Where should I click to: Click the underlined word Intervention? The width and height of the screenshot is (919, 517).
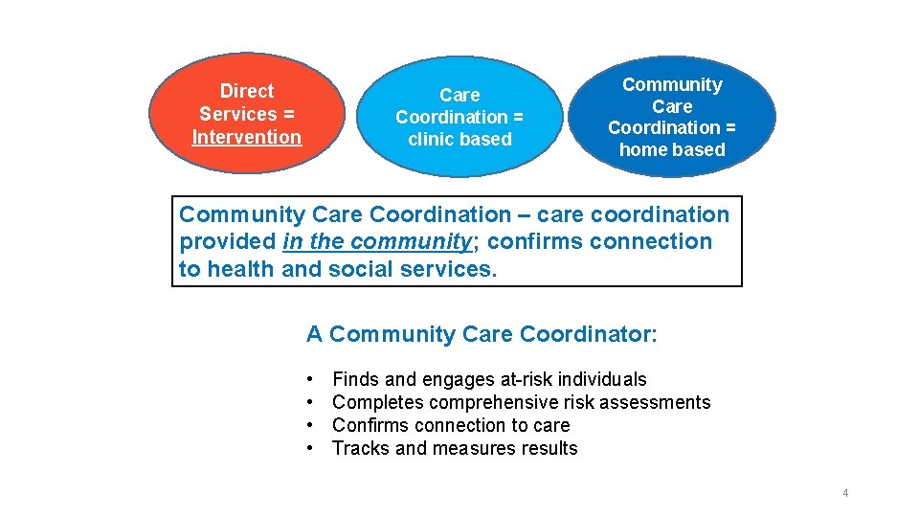pos(246,137)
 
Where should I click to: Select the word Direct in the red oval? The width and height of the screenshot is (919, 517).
pos(246,91)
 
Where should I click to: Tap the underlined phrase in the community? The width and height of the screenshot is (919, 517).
pos(377,242)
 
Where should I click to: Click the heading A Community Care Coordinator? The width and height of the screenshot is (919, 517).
pos(482,334)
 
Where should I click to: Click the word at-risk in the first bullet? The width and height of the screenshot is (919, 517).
pos(525,380)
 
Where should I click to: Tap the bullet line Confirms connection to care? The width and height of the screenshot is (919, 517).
pos(450,425)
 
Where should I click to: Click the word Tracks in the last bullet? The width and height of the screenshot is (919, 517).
pos(361,448)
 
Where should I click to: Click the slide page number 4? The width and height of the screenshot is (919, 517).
pos(845,493)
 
